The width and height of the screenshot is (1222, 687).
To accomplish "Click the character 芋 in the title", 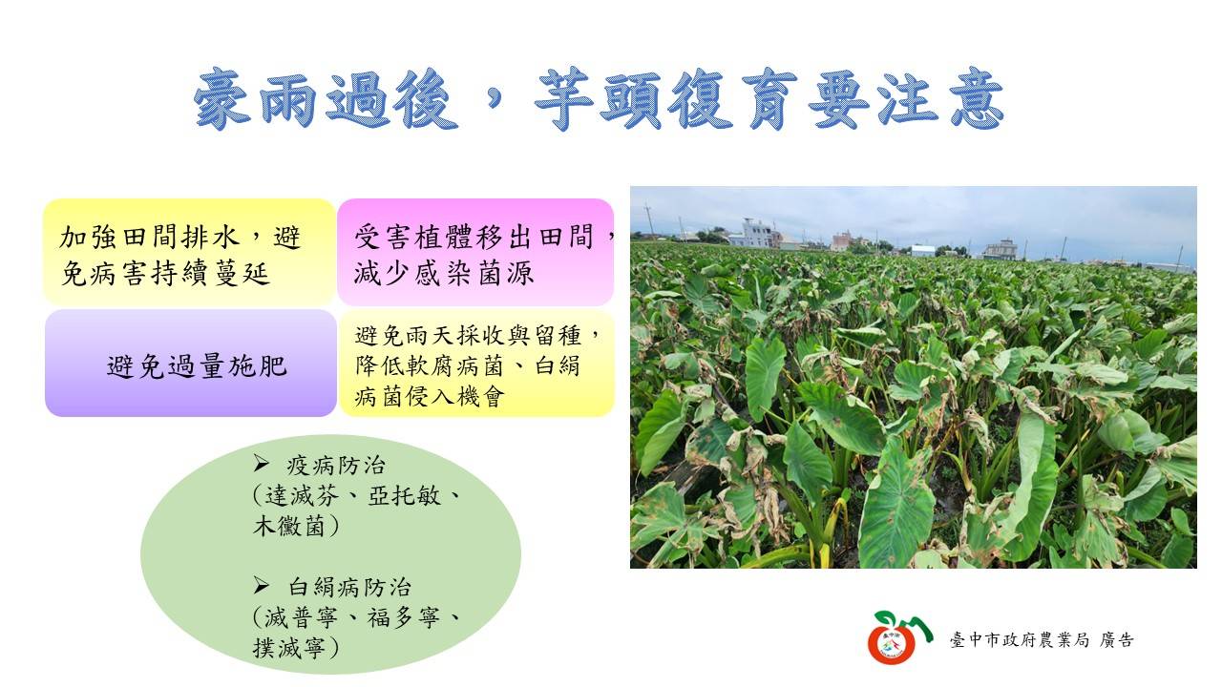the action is pos(563,98).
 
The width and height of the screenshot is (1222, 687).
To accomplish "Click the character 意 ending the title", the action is pos(977,98).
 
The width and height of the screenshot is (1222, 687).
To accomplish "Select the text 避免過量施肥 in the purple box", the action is pos(197,365).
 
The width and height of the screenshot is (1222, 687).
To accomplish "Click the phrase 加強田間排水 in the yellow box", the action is pos(149,238).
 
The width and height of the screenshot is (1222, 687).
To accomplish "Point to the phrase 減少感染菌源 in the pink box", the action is pos(444,273).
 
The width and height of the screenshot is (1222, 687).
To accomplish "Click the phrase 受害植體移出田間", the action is pos(474,238).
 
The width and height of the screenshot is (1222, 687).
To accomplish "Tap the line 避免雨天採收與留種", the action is pos(468,335).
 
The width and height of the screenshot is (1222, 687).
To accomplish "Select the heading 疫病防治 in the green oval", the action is pos(336,465).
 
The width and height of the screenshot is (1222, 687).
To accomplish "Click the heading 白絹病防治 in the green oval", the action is pos(349,587).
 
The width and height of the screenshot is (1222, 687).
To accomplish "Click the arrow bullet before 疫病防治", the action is pos(262,464).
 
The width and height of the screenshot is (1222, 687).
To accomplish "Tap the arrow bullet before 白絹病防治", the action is pos(262,586).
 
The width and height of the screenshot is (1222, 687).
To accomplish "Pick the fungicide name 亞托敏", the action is pos(404,495).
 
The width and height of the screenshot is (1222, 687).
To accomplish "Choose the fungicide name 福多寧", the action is pos(403,617).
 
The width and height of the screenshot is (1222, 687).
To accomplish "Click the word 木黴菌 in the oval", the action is pos(289,526).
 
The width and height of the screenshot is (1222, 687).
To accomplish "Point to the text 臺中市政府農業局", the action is pos(1020,640).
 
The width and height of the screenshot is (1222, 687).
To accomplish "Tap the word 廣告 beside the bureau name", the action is pos(1117,640).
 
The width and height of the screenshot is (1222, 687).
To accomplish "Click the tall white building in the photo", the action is pos(757,233).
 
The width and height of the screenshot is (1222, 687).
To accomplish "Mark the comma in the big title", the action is pos(495,101).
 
